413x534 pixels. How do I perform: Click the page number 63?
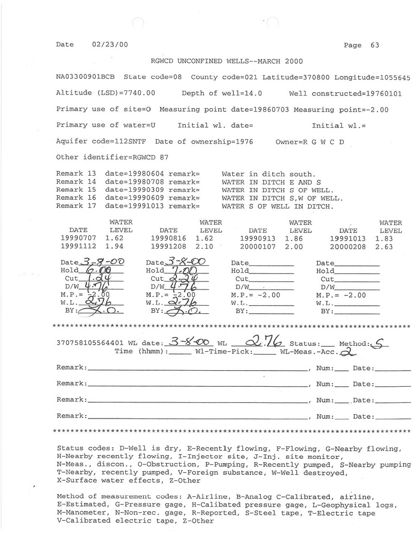point(375,45)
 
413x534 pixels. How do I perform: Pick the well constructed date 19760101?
point(383,93)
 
